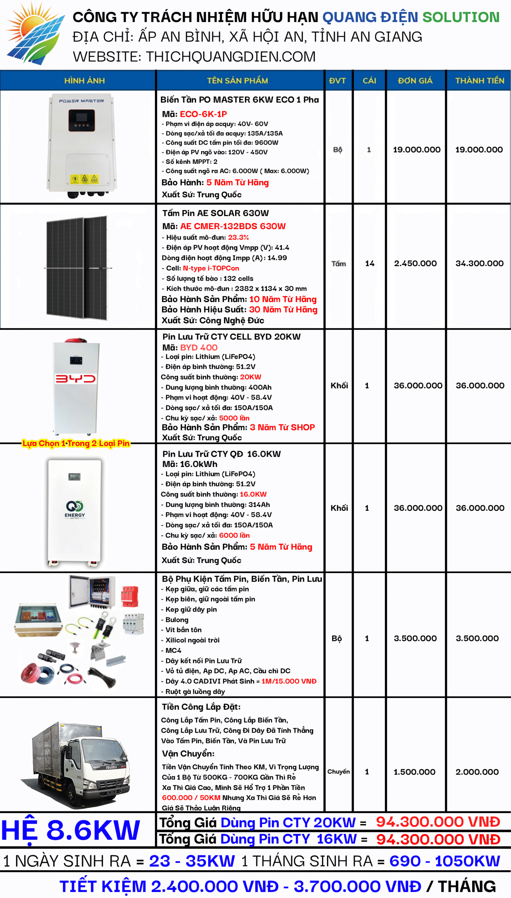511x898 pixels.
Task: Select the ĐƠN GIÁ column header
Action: (x=415, y=81)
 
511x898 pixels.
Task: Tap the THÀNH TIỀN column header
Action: (x=479, y=81)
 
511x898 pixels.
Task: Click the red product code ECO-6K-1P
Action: (x=203, y=114)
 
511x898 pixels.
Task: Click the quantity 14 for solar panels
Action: (x=369, y=263)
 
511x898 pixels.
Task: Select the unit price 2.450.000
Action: (x=415, y=263)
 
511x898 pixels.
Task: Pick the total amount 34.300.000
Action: (x=479, y=263)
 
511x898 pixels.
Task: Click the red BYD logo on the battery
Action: (x=75, y=378)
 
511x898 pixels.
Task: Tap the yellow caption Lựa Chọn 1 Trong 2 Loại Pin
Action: (x=76, y=443)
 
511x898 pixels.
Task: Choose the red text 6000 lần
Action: (x=234, y=535)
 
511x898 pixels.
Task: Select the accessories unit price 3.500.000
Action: (x=415, y=638)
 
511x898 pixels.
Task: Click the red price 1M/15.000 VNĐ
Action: (x=289, y=681)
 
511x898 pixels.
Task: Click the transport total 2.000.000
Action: (x=477, y=772)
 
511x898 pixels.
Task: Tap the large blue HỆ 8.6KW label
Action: (x=70, y=830)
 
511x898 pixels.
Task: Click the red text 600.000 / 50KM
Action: (x=191, y=798)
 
